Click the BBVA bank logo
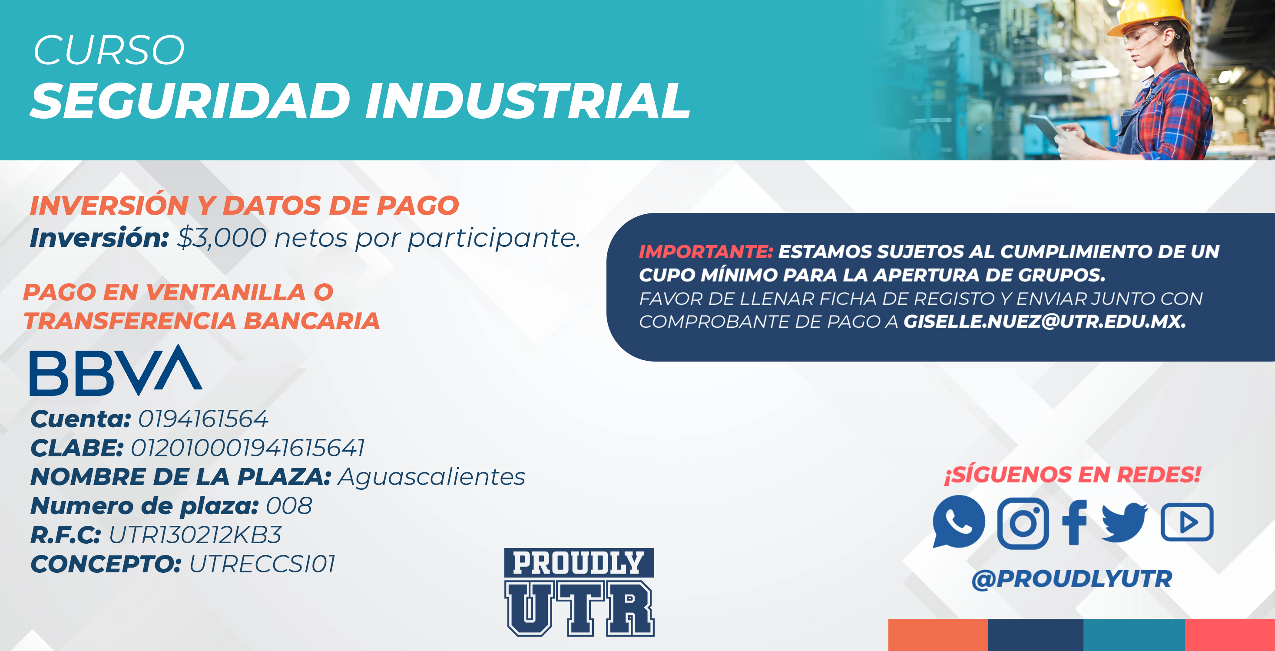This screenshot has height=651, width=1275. [116, 370]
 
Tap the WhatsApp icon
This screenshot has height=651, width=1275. [958, 522]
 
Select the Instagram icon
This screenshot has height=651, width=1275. [1023, 523]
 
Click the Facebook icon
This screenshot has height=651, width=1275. [1075, 522]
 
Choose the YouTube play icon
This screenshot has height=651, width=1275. [1187, 522]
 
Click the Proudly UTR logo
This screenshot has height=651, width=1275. [579, 592]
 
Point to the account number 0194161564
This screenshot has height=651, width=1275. [203, 419]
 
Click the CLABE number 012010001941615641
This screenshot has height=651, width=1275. [248, 448]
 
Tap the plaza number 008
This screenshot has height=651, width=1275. [289, 506]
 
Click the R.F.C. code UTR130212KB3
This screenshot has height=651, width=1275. [195, 535]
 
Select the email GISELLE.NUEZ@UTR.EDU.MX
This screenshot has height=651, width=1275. [1045, 322]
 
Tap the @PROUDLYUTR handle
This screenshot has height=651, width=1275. [1072, 579]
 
